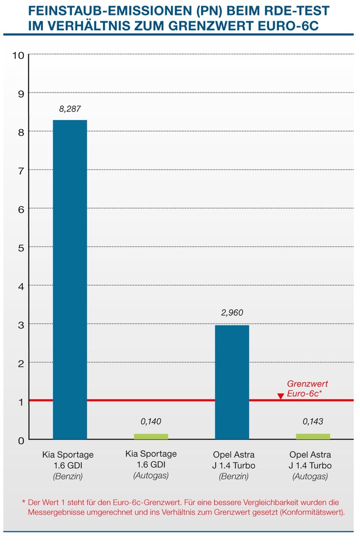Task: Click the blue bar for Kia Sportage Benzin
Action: coord(70,279)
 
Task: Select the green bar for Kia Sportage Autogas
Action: coord(151,436)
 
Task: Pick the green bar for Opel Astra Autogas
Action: coord(313,436)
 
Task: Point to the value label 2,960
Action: coord(232,313)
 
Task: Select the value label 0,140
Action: coord(151,422)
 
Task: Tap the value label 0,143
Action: coord(313,422)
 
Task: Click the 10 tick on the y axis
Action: coord(18,55)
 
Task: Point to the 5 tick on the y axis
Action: coord(21,247)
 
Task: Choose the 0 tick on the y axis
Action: coord(21,440)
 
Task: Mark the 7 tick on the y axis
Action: coord(21,170)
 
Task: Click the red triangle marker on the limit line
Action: coord(280,396)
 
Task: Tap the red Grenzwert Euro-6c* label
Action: coord(307,389)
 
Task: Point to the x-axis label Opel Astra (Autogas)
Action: coord(311,466)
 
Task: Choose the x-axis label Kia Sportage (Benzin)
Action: coord(68,466)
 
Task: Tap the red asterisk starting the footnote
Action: coord(23,501)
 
